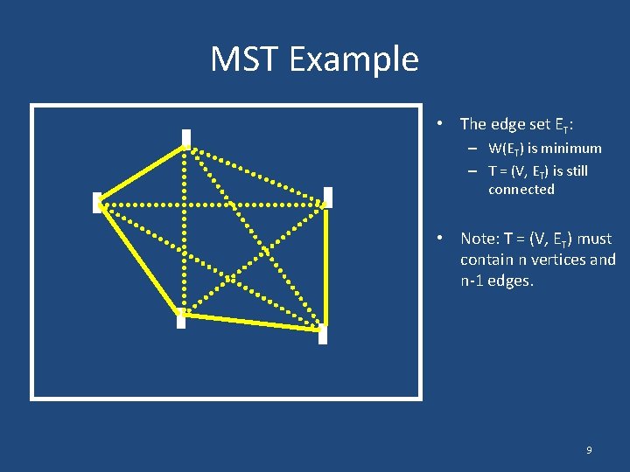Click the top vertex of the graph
coord(185,138)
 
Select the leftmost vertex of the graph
coord(97,203)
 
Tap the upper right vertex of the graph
coord(327,198)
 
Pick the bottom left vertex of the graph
coord(180,319)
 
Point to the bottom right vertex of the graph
coord(323,333)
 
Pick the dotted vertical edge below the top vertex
coord(185,253)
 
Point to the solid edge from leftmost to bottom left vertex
coord(140,260)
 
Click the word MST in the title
coord(244,59)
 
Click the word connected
coord(521,190)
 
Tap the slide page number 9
coord(588,450)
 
